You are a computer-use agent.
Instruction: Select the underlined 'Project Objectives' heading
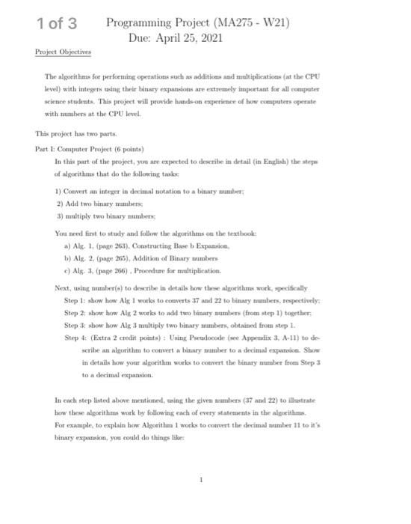[63, 52]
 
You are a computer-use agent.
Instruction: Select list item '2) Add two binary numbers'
[105, 202]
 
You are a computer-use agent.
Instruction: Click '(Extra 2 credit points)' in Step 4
[124, 337]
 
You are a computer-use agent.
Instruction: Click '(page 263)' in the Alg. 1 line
[114, 244]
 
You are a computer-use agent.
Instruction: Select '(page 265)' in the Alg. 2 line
[114, 257]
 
